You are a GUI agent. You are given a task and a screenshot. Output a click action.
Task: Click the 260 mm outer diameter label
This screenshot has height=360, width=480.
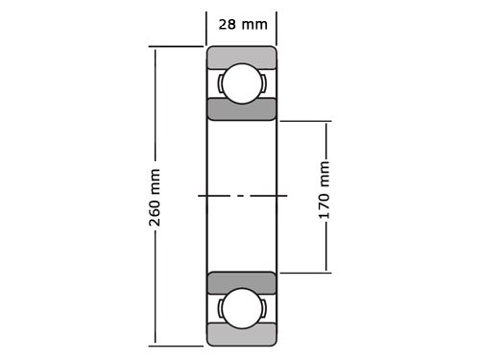pos(155,197)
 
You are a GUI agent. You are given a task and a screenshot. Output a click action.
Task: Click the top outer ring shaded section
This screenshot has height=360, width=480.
pos(241,56)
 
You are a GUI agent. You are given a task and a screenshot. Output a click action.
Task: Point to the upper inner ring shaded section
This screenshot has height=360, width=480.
pos(241,108)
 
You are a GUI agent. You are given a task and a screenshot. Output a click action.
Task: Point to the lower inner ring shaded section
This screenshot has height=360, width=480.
pos(241,282)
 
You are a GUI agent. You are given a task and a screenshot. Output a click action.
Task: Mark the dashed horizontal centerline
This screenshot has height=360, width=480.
pos(242,196)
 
